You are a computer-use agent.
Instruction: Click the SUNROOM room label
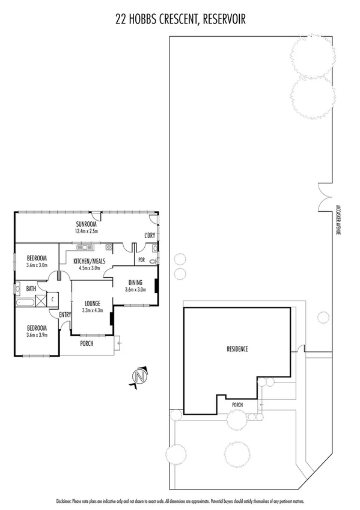(x=87, y=224)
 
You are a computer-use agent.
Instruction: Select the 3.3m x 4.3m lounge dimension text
(x=93, y=311)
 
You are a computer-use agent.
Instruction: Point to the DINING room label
(x=135, y=282)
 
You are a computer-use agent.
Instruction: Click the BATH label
(x=31, y=289)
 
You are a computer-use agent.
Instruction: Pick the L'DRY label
(x=150, y=235)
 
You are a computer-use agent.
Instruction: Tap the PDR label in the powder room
(x=142, y=260)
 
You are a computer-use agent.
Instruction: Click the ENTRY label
(x=65, y=315)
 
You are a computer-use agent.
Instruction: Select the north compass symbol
(x=139, y=377)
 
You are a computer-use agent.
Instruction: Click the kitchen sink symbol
(x=83, y=247)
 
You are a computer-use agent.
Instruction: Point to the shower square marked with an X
(x=41, y=299)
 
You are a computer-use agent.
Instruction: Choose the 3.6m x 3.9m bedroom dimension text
(x=37, y=334)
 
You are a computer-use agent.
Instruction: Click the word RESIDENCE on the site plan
(x=237, y=349)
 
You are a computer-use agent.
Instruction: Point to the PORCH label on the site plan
(x=237, y=405)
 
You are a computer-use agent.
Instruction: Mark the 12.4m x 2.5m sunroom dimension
(x=87, y=231)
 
